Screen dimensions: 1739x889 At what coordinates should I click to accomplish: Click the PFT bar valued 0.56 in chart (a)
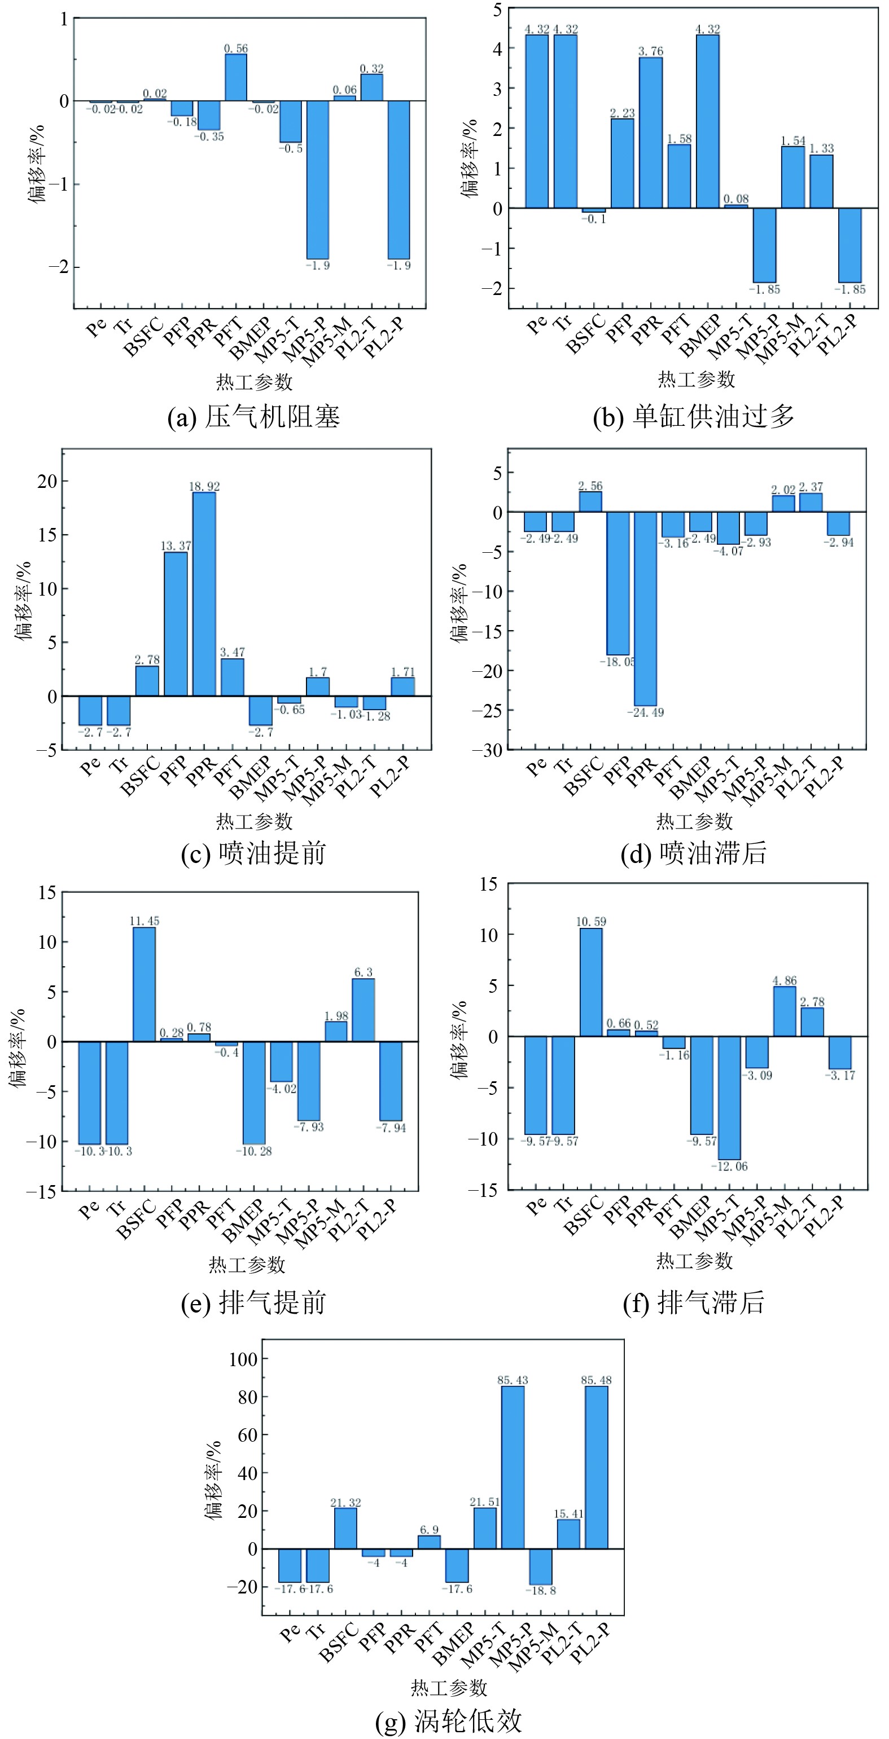(236, 78)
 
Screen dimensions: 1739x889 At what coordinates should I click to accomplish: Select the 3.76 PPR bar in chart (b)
(651, 133)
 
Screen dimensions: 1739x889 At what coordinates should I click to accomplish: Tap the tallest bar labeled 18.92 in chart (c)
(204, 594)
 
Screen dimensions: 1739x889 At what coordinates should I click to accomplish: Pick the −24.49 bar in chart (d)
(645, 608)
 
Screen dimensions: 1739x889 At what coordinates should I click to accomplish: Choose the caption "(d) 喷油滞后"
(694, 853)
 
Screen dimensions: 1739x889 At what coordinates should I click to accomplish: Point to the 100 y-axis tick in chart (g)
(243, 1359)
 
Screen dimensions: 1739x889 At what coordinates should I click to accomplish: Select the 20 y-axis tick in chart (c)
(47, 481)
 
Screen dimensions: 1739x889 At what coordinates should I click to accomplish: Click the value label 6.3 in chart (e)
(364, 972)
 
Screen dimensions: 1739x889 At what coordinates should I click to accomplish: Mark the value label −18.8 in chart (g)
(540, 1591)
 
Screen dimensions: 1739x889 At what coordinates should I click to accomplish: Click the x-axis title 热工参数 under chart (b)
(696, 380)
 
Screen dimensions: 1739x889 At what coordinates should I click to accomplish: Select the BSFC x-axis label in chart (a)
(144, 336)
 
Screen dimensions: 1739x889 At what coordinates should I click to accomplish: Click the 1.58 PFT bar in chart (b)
(679, 176)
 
